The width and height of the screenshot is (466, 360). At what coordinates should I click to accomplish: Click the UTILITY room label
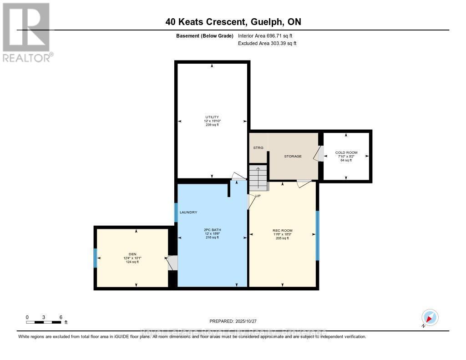pyautogui.click(x=212, y=117)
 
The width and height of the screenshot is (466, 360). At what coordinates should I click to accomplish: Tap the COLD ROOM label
pyautogui.click(x=346, y=152)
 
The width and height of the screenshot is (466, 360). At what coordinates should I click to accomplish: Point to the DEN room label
pyautogui.click(x=132, y=254)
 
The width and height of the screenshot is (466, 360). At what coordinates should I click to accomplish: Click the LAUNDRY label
pyautogui.click(x=188, y=213)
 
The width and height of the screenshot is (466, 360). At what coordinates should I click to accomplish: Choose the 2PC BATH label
pyautogui.click(x=212, y=230)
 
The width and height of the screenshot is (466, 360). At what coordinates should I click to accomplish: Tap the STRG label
pyautogui.click(x=258, y=148)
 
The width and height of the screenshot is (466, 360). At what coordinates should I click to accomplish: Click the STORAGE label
pyautogui.click(x=293, y=157)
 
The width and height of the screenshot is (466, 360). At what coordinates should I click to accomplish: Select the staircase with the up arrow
pyautogui.click(x=258, y=177)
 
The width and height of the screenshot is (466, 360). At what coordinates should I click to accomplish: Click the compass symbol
pyautogui.click(x=430, y=317)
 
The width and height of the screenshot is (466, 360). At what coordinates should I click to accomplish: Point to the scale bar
pyautogui.click(x=44, y=322)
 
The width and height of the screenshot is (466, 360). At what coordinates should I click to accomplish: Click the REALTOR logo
pyautogui.click(x=27, y=32)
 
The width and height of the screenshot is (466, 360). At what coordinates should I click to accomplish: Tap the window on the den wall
pyautogui.click(x=96, y=258)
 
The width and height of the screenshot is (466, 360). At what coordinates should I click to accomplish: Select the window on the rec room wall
pyautogui.click(x=318, y=235)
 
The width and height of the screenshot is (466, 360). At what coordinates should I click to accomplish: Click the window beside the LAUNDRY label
pyautogui.click(x=176, y=212)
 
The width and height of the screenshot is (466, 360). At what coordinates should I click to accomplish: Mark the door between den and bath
pyautogui.click(x=172, y=263)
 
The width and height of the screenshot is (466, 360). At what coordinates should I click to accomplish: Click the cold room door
pyautogui.click(x=319, y=154)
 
